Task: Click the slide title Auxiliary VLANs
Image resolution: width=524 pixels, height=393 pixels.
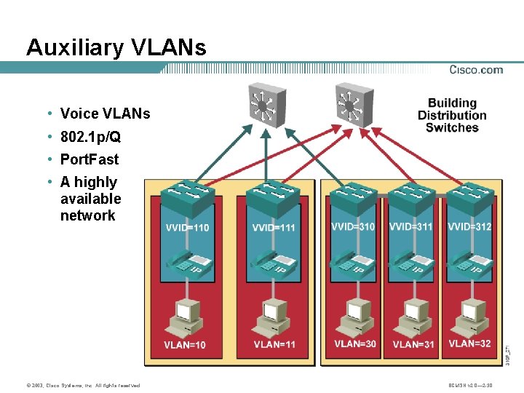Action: point(116,47)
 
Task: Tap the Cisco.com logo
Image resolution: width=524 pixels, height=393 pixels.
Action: point(476,70)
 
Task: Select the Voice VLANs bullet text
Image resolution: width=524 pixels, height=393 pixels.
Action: point(105,114)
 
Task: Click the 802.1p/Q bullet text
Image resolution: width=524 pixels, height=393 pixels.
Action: point(90,137)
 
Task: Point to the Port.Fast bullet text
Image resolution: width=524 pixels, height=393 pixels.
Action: point(90,159)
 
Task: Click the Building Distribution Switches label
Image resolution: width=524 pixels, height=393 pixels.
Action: point(452,116)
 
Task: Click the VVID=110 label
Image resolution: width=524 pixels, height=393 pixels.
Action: point(187,227)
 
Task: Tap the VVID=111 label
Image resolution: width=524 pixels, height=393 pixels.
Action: point(274,227)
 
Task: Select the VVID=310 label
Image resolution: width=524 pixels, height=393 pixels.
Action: point(353,226)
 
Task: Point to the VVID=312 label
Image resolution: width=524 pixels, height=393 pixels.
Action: point(469,226)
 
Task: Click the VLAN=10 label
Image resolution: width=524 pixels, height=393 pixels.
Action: point(185,345)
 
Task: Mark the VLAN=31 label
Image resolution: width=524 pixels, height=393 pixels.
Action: point(413,344)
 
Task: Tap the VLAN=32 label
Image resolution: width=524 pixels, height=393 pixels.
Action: point(469,344)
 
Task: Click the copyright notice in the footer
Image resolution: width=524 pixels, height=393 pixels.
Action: point(82,385)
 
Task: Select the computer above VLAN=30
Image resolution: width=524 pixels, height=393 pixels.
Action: point(355,317)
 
